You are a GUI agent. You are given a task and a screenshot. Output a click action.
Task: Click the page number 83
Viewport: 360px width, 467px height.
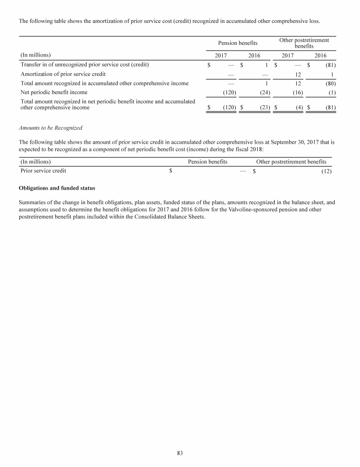[x=180, y=452]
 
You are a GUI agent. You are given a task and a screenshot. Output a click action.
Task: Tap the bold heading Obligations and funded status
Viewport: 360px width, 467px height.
[x=57, y=188]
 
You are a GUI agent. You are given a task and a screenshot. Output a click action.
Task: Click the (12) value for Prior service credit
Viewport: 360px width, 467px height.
[x=326, y=171]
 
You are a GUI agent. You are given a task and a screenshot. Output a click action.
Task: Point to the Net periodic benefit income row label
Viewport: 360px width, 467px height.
[x=54, y=92]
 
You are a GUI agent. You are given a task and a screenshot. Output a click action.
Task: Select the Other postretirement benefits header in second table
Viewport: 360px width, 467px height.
[x=291, y=162]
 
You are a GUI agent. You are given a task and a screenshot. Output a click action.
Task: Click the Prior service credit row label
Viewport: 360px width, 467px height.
[x=43, y=171]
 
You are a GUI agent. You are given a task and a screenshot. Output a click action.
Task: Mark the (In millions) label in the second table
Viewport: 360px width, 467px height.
[x=36, y=162]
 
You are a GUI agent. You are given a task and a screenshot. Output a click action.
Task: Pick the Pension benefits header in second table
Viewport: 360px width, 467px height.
[x=208, y=162]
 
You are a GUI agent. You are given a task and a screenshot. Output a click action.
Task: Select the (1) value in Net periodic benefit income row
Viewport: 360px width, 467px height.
[x=331, y=92]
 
